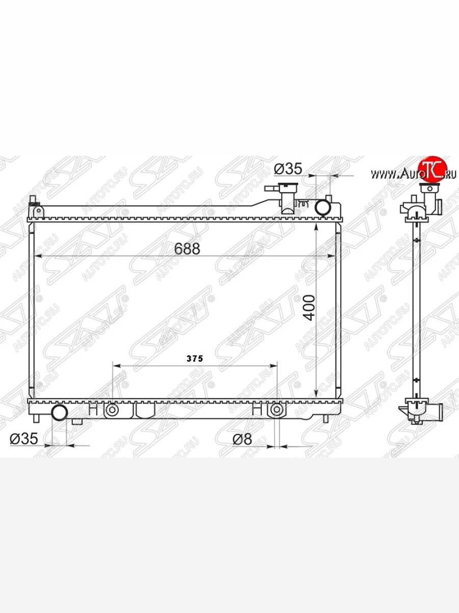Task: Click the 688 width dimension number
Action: (x=187, y=249)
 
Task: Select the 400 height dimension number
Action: (x=310, y=308)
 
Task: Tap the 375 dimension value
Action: (x=195, y=359)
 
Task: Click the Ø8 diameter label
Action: (x=242, y=439)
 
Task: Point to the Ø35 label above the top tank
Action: (x=288, y=169)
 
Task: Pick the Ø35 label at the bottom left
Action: (x=23, y=439)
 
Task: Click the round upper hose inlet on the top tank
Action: (x=323, y=208)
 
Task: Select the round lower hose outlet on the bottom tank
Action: (x=60, y=412)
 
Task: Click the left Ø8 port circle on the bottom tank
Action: (x=112, y=410)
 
